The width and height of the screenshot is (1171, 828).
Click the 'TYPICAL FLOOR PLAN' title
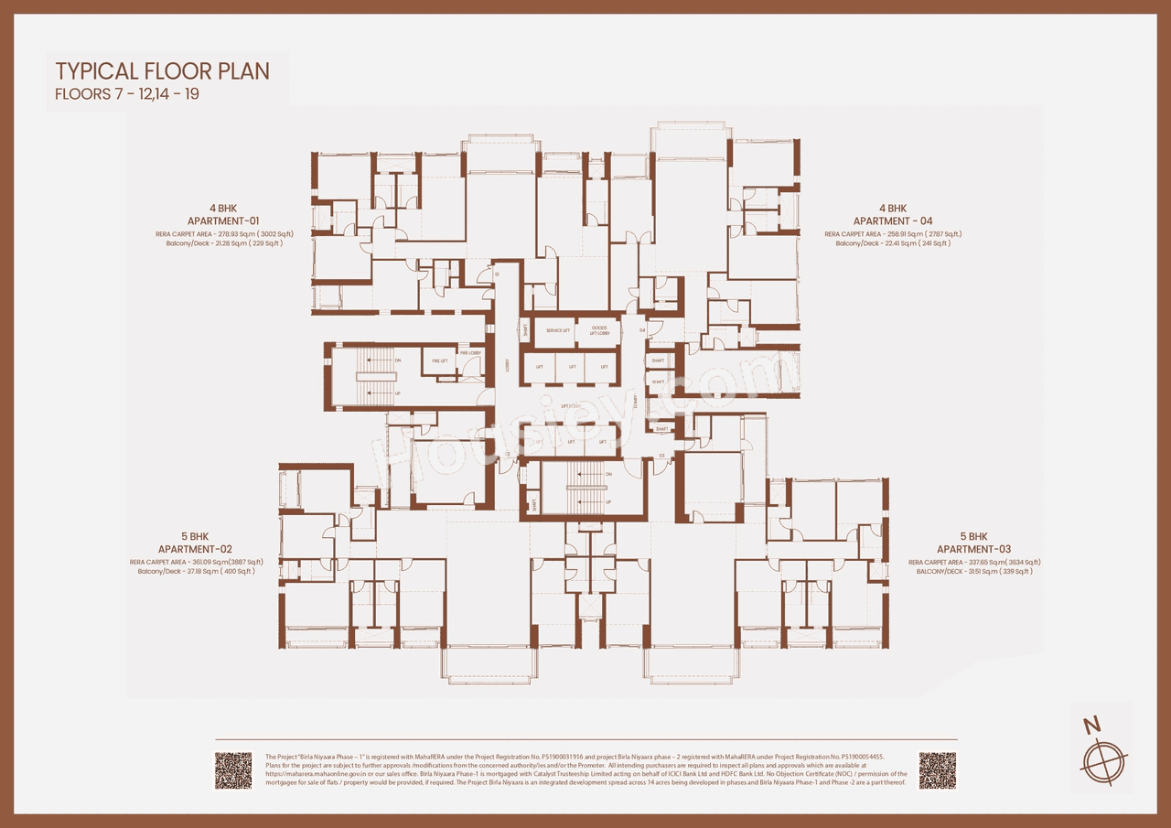(162, 71)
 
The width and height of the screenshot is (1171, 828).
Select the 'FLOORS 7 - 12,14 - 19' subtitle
(127, 94)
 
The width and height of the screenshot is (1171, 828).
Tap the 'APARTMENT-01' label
(223, 221)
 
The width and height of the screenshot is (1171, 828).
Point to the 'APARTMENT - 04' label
(893, 221)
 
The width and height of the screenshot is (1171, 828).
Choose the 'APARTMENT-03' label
(973, 549)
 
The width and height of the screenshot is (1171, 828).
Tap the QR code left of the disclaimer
(233, 770)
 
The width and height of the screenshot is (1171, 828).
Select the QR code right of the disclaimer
(938, 770)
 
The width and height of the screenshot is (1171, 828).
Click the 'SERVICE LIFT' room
(558, 331)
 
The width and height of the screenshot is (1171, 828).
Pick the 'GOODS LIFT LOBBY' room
(599, 331)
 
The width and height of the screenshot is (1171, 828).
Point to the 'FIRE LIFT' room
(439, 361)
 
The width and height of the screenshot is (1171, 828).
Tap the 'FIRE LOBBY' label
(470, 353)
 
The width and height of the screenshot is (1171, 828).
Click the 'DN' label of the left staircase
(398, 360)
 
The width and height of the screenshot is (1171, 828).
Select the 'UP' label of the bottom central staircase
(609, 501)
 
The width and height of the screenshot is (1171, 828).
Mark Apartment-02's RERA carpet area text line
(196, 562)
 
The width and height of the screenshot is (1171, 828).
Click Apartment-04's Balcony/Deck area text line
(893, 243)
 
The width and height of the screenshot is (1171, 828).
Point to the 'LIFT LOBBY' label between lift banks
(571, 405)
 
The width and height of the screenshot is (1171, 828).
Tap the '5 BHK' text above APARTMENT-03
(973, 536)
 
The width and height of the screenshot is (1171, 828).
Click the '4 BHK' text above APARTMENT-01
(223, 209)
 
